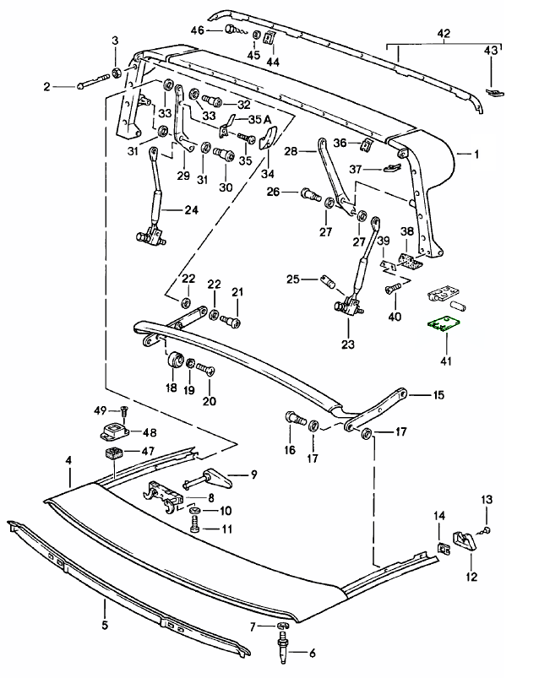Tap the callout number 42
coord(444,33)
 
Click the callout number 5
coord(105,626)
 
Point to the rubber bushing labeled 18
coord(176,361)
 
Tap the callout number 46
coord(198,30)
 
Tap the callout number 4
coord(68,461)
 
